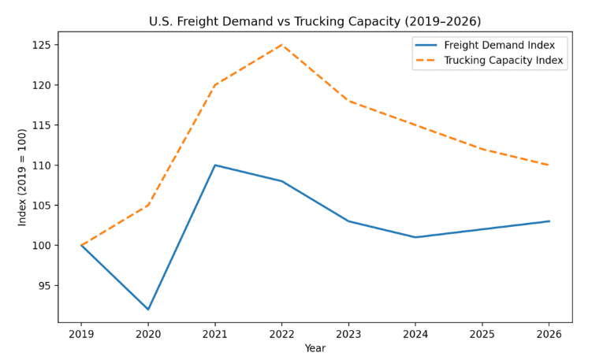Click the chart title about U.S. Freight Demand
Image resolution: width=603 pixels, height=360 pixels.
315,21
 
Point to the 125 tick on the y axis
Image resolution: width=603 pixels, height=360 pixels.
42,45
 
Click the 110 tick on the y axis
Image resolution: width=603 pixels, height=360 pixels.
42,165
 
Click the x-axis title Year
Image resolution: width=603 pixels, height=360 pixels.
315,348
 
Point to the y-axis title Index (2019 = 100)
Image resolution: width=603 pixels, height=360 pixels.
23,177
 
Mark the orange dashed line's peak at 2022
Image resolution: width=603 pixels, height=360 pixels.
281,45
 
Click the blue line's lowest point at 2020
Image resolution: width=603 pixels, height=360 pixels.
148,310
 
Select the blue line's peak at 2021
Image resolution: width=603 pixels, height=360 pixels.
214,165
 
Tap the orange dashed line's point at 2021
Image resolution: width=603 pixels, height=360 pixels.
214,85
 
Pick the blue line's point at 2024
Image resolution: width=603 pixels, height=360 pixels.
415,237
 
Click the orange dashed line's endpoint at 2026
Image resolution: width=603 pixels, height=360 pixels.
549,165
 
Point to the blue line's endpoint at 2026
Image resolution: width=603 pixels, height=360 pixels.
549,221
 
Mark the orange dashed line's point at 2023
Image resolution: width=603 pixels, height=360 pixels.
348,101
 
